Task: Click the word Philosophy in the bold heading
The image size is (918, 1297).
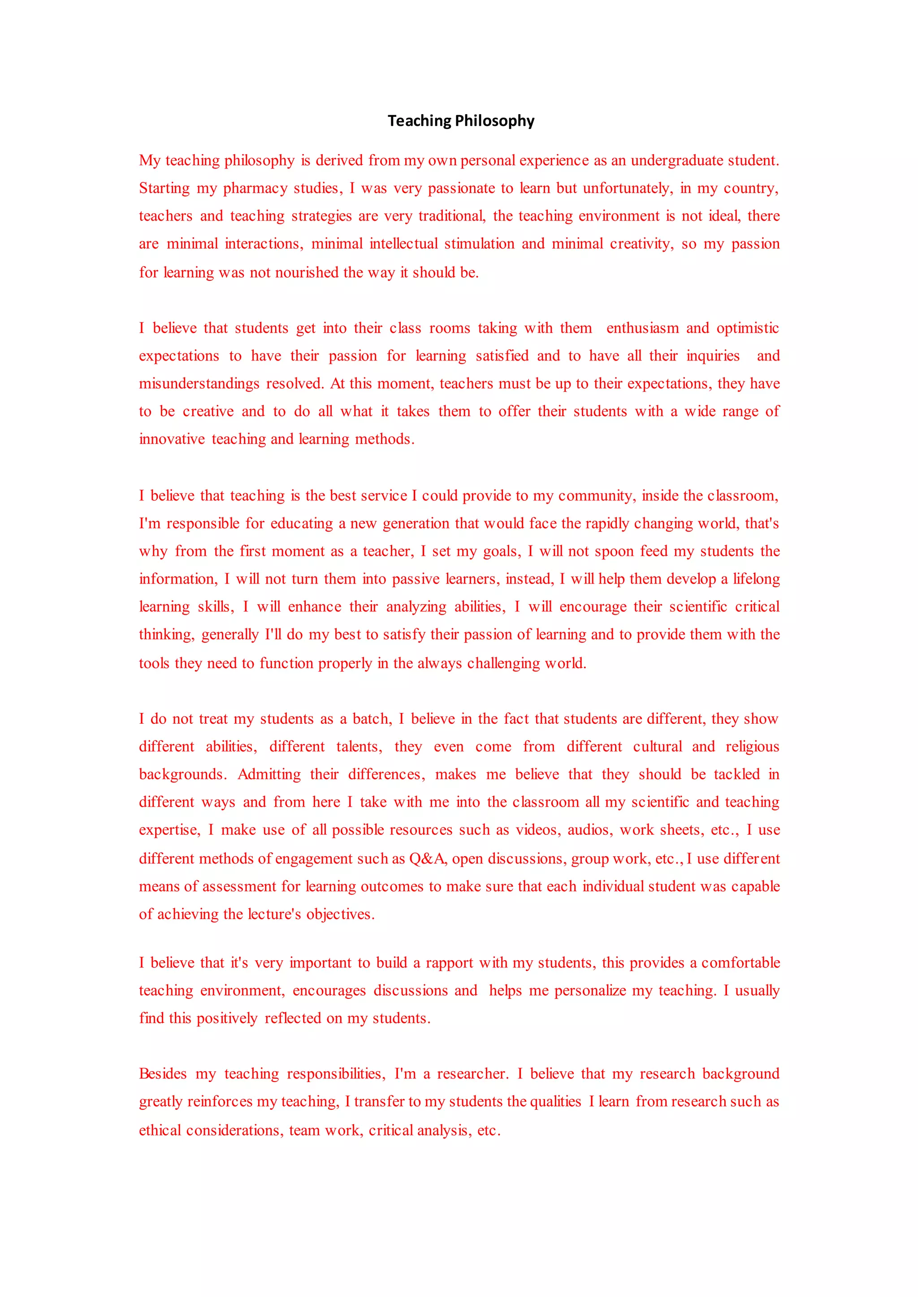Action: click(x=494, y=121)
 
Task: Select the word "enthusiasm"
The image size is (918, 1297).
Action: click(x=643, y=328)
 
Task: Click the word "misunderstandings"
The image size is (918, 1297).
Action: click(x=199, y=383)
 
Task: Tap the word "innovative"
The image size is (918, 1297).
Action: click(x=172, y=439)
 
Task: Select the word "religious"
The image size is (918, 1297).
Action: click(x=753, y=746)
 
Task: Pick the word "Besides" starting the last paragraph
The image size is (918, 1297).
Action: click(x=163, y=1074)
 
